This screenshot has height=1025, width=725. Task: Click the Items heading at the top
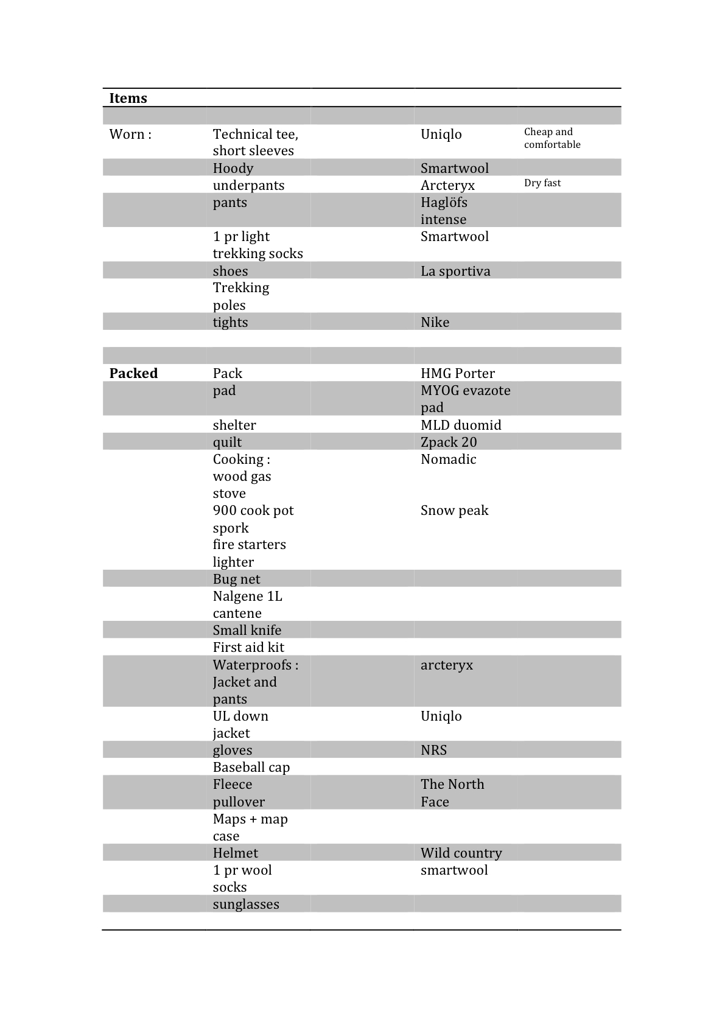pyautogui.click(x=128, y=98)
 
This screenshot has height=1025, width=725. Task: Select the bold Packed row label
pyautogui.click(x=133, y=373)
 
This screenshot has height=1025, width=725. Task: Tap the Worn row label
pyautogui.click(x=130, y=134)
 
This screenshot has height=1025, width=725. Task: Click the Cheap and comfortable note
pyautogui.click(x=552, y=138)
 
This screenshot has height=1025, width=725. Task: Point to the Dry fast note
pyautogui.click(x=542, y=183)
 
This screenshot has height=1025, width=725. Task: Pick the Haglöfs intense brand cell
pyautogui.click(x=444, y=211)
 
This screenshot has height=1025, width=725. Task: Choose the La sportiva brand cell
pyautogui.click(x=455, y=271)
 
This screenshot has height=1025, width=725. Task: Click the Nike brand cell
pyautogui.click(x=435, y=322)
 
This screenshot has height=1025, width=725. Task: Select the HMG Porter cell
pyautogui.click(x=457, y=373)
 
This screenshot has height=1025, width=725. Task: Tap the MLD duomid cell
pyautogui.click(x=461, y=425)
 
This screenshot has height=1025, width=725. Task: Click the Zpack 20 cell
pyautogui.click(x=449, y=442)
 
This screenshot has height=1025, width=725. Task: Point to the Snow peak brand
pyautogui.click(x=454, y=510)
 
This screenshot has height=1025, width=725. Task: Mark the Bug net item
pyautogui.click(x=236, y=579)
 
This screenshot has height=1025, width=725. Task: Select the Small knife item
pyautogui.click(x=247, y=630)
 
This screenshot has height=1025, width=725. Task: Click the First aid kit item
pyautogui.click(x=248, y=647)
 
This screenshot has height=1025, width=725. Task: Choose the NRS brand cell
pyautogui.click(x=433, y=750)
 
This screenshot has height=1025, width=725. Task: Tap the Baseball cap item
pyautogui.click(x=251, y=767)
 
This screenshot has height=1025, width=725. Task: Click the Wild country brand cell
pyautogui.click(x=461, y=853)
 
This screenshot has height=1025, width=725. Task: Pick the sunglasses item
pyautogui.click(x=246, y=904)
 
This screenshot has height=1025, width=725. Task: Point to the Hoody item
pyautogui.click(x=233, y=168)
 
